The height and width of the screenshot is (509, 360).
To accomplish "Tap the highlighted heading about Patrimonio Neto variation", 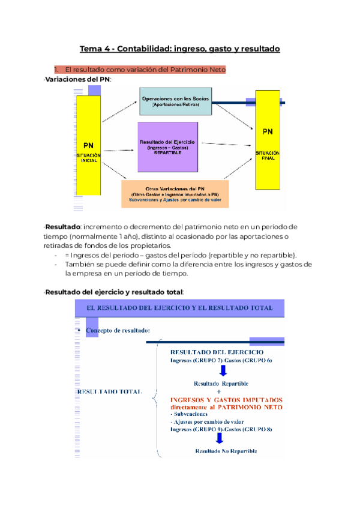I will coord(140,70).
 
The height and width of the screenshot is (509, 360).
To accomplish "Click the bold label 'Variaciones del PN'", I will coord(78,79).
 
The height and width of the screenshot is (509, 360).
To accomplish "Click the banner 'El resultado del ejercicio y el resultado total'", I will coord(179,307).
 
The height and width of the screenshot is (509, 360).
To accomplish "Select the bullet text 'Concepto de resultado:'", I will coord(118,331).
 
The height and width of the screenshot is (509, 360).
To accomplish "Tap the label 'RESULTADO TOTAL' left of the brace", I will coord(110,391).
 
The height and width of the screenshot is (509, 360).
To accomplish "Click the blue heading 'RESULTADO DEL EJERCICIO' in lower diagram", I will coord(217,352).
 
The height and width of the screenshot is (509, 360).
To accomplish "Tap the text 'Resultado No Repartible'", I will coord(226,451).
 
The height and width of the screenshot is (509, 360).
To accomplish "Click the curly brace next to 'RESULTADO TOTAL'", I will coord(156,397).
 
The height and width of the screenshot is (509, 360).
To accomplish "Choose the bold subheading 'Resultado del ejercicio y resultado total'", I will coord(115,292).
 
